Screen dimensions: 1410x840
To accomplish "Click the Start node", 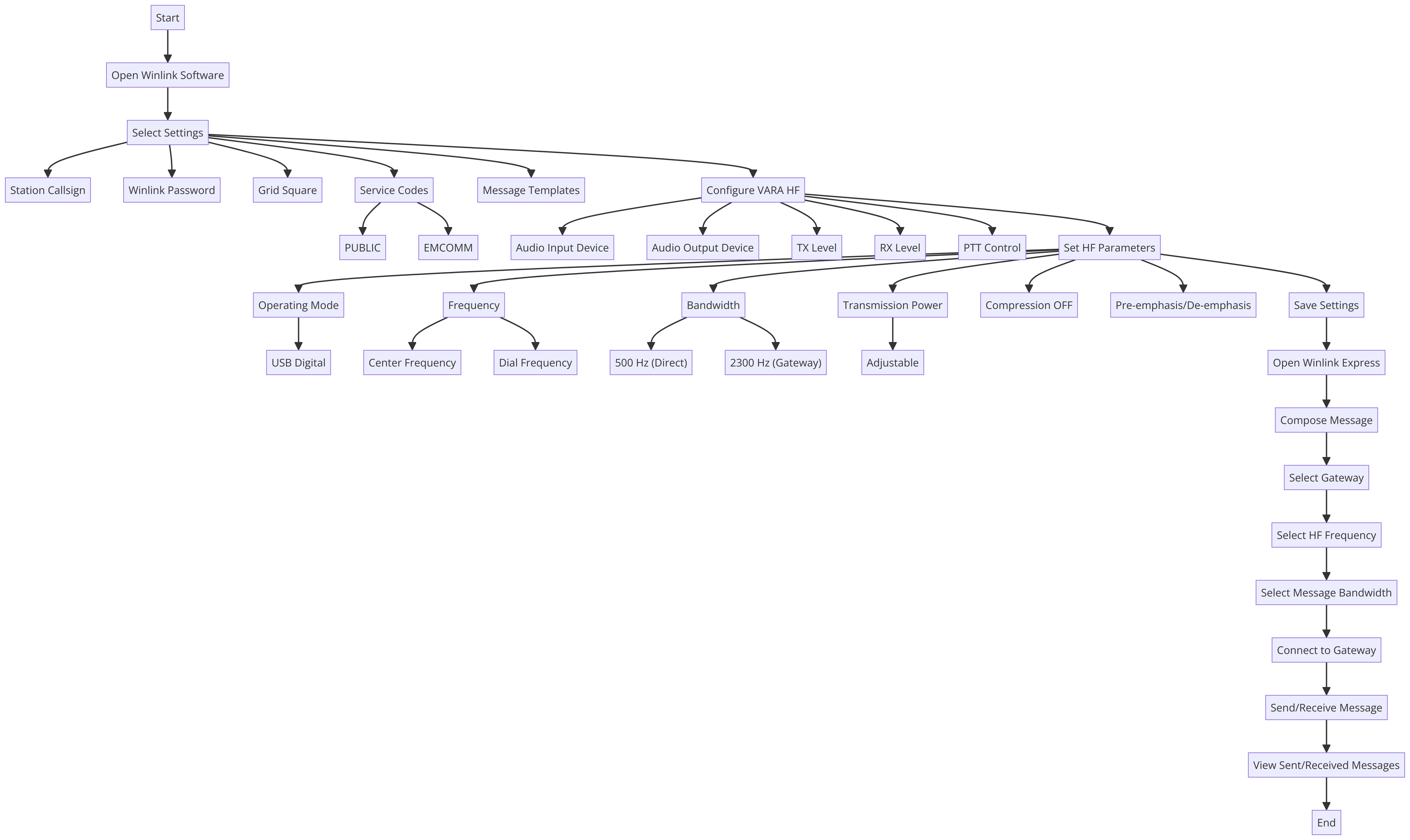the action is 168,18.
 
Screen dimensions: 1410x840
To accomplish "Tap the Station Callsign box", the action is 48,190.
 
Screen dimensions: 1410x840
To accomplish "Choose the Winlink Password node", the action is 172,190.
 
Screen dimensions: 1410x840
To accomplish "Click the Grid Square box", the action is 288,190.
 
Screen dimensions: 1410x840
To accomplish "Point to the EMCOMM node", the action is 448,248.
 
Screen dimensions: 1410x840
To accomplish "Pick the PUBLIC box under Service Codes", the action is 363,248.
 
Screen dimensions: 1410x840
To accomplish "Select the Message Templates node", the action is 531,190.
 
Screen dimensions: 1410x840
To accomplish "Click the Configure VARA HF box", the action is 753,190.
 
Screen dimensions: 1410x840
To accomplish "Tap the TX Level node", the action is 817,248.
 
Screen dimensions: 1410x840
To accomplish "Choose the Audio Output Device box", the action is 702,248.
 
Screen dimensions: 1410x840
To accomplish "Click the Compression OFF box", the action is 1029,305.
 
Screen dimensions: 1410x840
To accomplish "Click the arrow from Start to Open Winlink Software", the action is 168,46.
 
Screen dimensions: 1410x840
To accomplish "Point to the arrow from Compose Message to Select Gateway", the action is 1326,449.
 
